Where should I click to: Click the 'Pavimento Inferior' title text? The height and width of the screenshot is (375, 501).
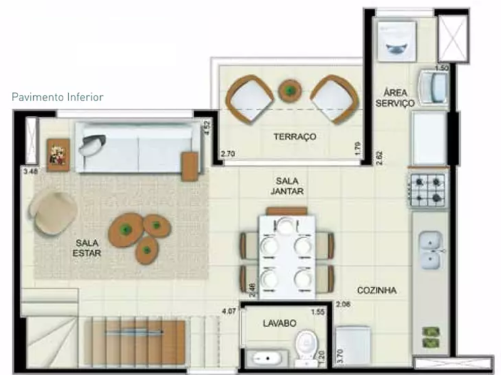58,97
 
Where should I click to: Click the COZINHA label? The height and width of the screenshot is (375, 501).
376,291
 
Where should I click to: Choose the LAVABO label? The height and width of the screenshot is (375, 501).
279,323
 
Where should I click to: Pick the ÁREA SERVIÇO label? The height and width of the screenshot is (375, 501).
395,97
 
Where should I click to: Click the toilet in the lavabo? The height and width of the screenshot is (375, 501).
306,347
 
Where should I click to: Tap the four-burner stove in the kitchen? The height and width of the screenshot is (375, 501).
428,189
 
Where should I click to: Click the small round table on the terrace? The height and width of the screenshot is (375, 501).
289,91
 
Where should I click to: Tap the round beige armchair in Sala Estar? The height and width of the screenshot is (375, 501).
55,212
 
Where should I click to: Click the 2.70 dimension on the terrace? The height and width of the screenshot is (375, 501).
227,152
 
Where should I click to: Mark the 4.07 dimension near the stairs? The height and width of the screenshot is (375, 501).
230,309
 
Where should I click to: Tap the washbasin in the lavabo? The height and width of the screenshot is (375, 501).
267,359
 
